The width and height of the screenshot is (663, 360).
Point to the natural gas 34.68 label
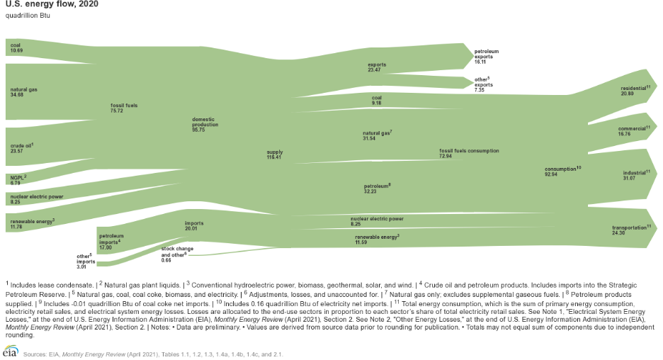point(24,93)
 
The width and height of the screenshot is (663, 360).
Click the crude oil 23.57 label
point(21,147)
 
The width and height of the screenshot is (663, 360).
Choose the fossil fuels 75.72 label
point(124,108)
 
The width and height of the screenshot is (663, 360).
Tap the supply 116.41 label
point(274,154)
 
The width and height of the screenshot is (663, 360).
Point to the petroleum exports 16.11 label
point(486,57)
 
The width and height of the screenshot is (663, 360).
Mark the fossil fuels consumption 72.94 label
point(468,153)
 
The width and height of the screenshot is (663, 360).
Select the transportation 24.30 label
point(631,230)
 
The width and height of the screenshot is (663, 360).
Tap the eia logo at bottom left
point(11,351)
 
